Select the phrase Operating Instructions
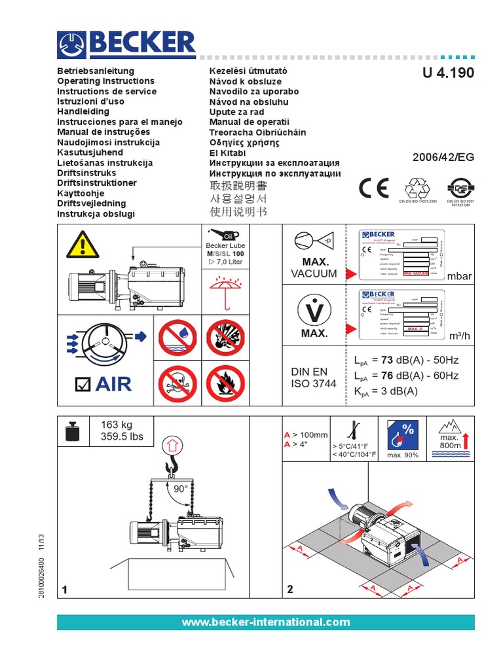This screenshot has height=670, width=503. click(x=106, y=81)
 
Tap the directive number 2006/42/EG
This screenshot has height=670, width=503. click(x=442, y=158)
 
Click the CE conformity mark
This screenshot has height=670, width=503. click(x=374, y=188)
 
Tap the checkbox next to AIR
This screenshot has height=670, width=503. click(x=82, y=385)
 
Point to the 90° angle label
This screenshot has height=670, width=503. click(x=180, y=489)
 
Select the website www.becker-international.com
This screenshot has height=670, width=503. click(x=265, y=622)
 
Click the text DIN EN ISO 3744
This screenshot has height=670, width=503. click(x=313, y=378)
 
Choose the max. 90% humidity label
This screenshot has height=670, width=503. click(x=403, y=455)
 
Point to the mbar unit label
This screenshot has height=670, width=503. click(x=459, y=277)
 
